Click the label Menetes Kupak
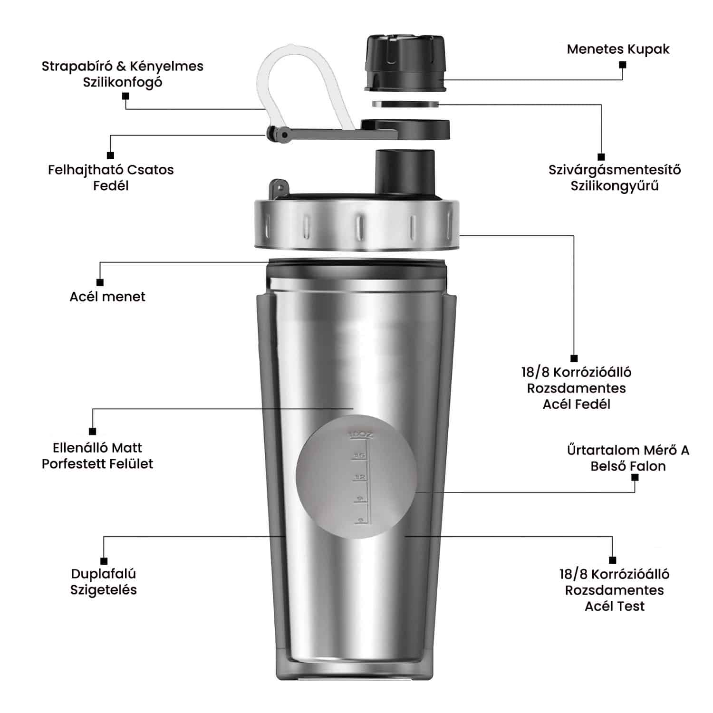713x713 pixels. [618, 49]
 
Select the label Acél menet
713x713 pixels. [107, 297]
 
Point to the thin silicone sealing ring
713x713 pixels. [405, 104]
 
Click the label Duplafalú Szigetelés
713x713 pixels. [104, 582]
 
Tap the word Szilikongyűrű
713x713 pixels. [615, 186]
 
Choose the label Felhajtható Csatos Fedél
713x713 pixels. [111, 177]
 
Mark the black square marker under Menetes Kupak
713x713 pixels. [623, 64]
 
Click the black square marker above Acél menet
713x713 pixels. [100, 282]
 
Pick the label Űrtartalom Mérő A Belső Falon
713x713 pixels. [628, 458]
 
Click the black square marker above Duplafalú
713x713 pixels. [104, 561]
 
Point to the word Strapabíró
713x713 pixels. [76, 67]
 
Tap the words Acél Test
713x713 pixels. [615, 607]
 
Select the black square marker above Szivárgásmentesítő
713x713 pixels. [601, 157]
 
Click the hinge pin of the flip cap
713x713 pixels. [284, 135]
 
